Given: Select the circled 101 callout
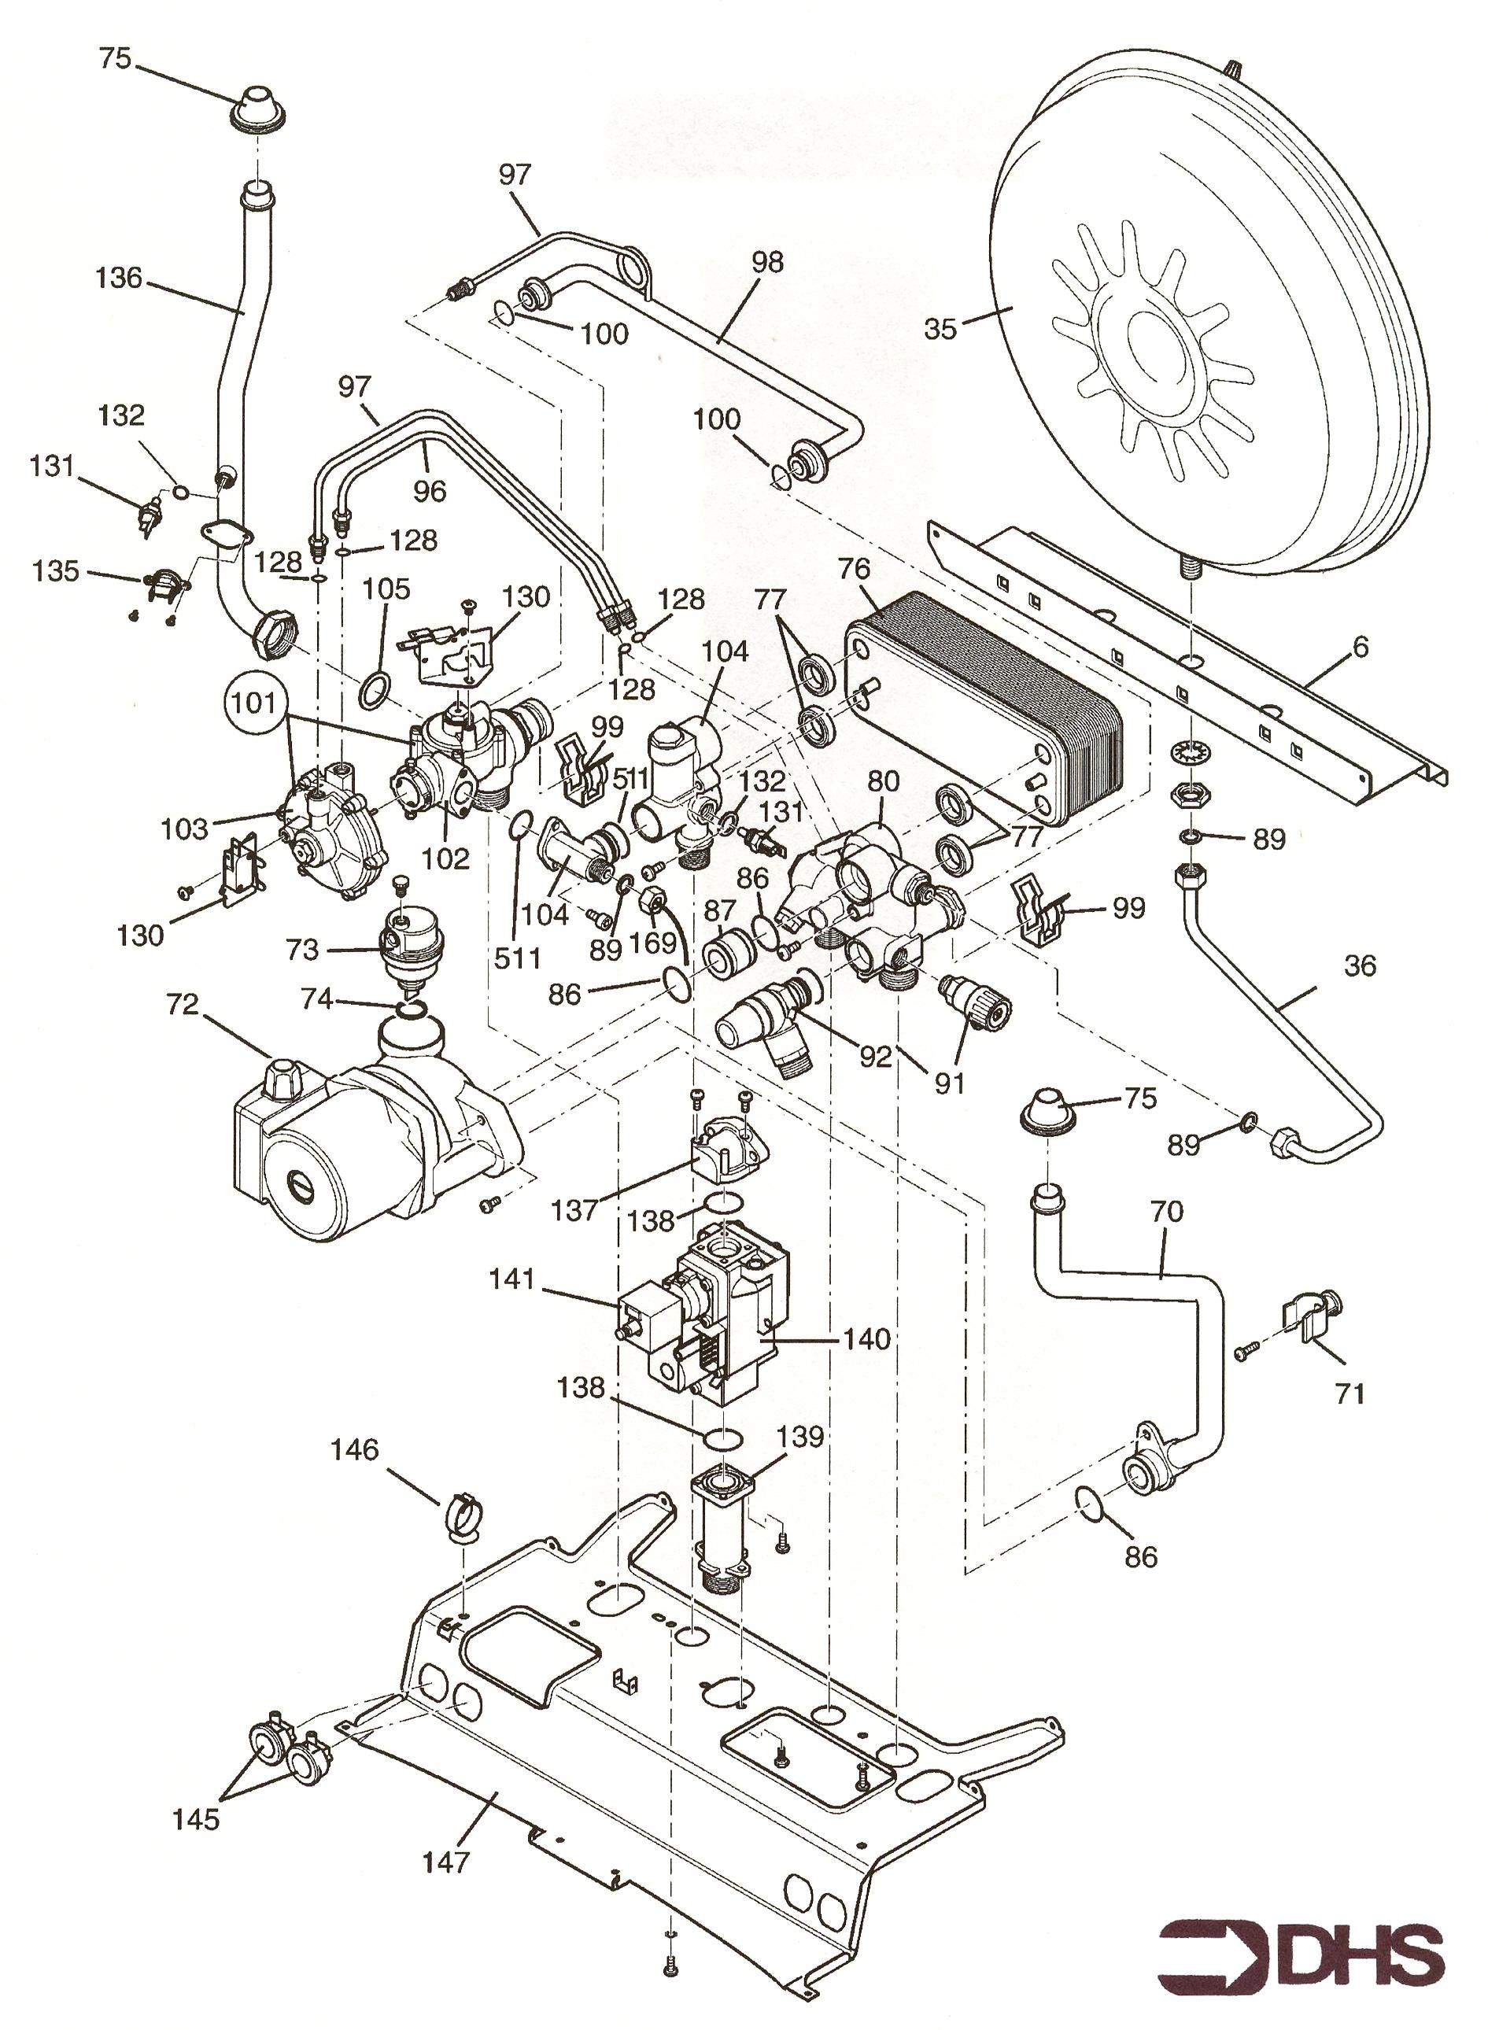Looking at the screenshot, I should pos(254,702).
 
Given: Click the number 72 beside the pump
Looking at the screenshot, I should pos(182,1004).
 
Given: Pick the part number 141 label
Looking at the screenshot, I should pos(511,1278).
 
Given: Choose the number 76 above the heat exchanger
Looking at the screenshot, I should pos(854,568).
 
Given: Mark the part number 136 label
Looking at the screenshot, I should pos(119,278).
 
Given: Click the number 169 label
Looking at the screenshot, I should pos(652,943).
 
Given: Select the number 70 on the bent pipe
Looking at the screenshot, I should pos(1167,1212).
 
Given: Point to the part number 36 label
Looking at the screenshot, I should pos(1360,965).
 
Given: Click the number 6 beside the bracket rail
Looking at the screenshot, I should pos(1360,647).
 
